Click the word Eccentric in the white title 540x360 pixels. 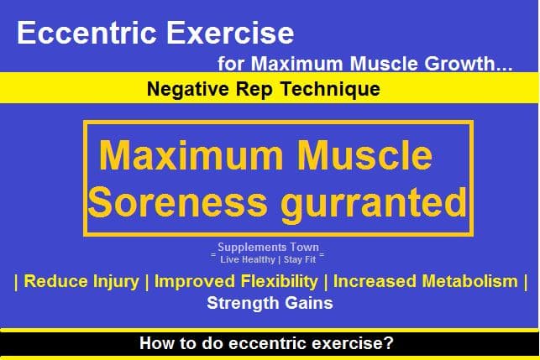87,33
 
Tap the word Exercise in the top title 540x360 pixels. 230,33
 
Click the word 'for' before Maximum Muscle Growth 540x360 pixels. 231,64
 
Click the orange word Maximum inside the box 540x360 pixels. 191,155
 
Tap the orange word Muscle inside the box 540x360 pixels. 364,155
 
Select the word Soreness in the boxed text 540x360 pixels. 178,202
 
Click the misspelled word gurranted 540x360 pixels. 374,205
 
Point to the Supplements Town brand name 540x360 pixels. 268,247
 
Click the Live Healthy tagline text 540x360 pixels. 248,259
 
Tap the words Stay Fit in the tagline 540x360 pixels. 300,259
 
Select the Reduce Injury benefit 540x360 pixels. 81,281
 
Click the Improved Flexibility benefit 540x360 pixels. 236,281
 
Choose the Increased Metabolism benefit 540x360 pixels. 426,281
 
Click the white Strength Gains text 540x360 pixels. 270,303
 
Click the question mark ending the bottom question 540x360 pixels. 389,342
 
